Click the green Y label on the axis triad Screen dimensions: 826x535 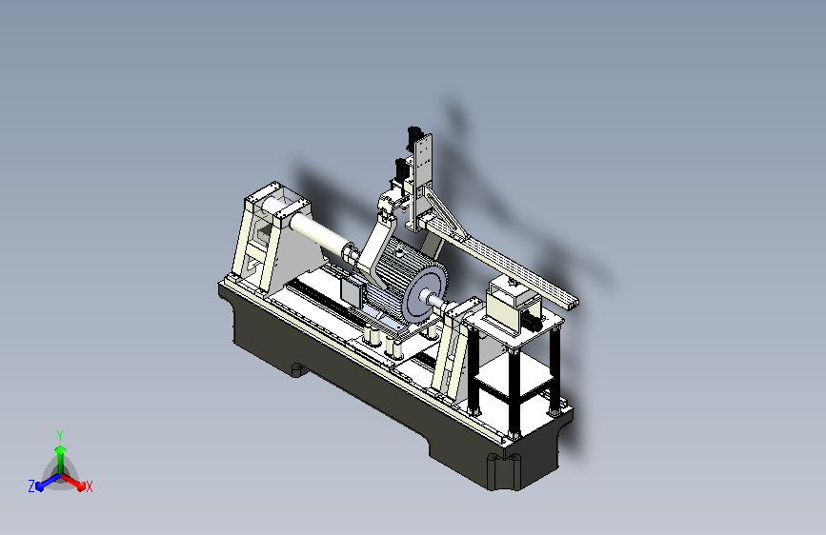(x=60, y=435)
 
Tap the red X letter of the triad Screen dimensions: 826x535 (x=90, y=487)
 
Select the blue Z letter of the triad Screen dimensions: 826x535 (x=31, y=486)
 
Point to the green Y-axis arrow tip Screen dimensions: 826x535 (x=61, y=448)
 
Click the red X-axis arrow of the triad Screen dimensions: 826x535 (x=72, y=482)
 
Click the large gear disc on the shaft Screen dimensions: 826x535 (x=425, y=295)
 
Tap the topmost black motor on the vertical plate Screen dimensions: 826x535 (x=413, y=136)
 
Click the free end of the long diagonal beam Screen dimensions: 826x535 (x=573, y=303)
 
